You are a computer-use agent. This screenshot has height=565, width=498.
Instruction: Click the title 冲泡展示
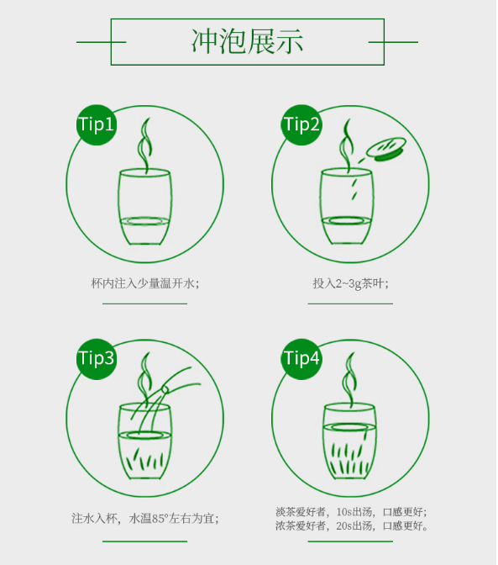(x=248, y=41)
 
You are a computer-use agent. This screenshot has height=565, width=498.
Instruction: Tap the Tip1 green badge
(x=96, y=125)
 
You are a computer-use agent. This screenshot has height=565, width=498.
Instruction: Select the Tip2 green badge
(x=301, y=125)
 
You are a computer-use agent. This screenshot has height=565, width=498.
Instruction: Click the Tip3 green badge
(x=96, y=358)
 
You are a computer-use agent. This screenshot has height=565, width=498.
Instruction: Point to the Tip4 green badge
(x=301, y=358)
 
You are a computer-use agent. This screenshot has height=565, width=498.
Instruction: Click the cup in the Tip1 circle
(x=146, y=209)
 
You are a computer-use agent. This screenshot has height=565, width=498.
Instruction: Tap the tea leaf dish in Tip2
(x=385, y=150)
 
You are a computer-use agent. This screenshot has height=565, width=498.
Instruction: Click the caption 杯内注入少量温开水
(x=144, y=283)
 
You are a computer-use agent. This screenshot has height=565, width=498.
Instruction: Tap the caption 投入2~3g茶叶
(x=350, y=283)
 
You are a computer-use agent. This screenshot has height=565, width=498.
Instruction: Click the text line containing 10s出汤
(x=351, y=512)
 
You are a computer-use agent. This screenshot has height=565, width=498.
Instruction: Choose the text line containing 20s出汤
(x=351, y=526)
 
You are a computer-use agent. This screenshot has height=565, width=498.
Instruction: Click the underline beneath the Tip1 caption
(x=144, y=304)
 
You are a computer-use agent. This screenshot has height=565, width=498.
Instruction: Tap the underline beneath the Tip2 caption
(x=350, y=304)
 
